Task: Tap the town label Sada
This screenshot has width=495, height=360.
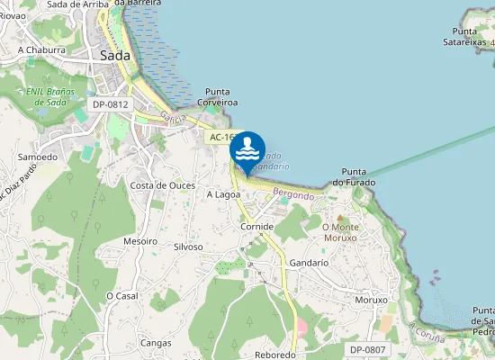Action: pos(115,56)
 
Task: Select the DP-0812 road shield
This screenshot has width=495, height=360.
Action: pos(111,104)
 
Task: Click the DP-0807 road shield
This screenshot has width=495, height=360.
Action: pos(367,349)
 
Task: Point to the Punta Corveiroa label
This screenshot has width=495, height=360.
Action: pos(221,97)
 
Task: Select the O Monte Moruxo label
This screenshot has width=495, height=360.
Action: pos(340,232)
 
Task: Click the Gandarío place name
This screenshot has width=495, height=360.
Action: pos(309,262)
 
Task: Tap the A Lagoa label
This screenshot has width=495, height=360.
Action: pos(223,193)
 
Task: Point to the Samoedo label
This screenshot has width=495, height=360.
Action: pos(38,157)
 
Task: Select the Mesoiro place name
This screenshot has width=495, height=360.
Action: pos(140,241)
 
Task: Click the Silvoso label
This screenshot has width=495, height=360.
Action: pos(188,246)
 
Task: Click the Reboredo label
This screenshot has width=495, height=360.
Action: pos(275,355)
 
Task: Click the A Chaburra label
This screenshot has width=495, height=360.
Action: pos(42,49)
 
